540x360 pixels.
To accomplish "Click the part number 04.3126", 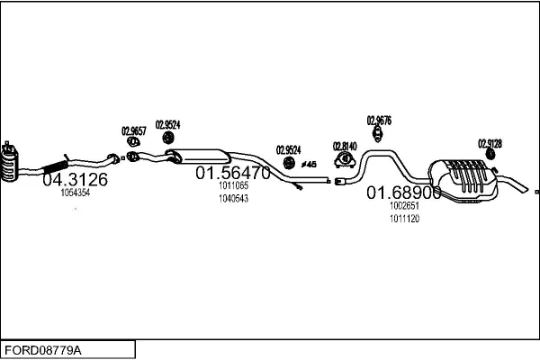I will click(75, 180).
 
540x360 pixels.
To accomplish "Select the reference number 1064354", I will click(75, 193).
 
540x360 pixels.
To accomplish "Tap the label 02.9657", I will click(133, 130).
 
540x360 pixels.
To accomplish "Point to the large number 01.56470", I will click(233, 173).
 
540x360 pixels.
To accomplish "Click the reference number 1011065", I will click(233, 185).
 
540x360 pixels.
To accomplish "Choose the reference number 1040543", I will click(233, 198).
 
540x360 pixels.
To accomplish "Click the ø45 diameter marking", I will click(308, 164).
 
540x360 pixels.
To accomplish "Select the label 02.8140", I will click(345, 145).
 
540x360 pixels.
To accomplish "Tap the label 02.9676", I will click(378, 120).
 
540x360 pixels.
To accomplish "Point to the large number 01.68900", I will click(403, 193).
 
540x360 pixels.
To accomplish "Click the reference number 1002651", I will click(404, 206).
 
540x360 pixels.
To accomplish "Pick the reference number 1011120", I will click(404, 219).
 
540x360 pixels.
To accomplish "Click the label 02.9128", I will click(490, 143).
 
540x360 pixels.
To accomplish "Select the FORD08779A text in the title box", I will click(42, 348).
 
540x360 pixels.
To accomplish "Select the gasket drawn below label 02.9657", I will click(133, 141).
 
